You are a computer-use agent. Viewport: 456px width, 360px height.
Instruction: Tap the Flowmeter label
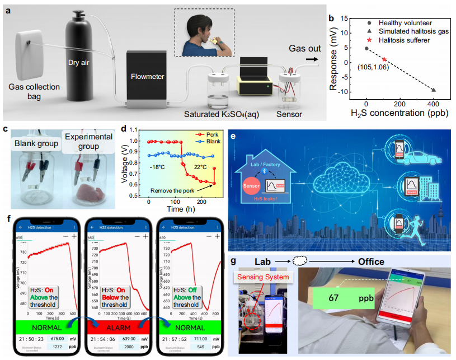click(x=147, y=77)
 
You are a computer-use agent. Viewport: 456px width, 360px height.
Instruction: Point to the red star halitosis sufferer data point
click(x=384, y=59)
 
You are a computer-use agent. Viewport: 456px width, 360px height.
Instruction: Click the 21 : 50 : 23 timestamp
click(x=33, y=339)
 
